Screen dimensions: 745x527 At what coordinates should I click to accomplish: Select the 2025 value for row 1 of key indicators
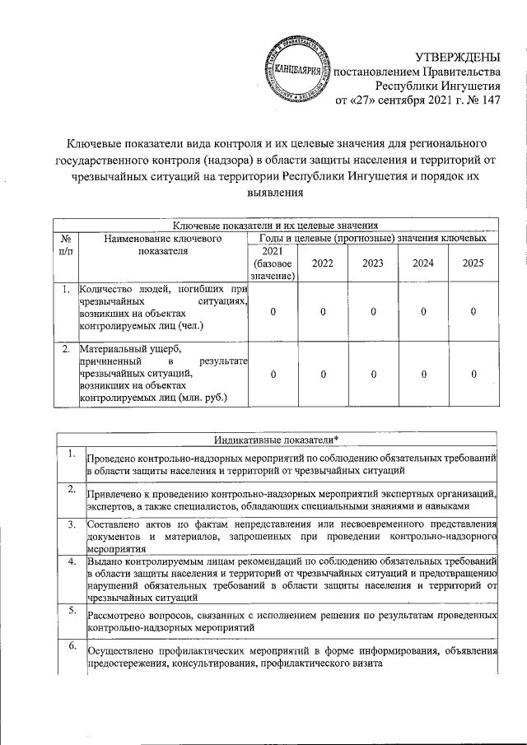point(473,311)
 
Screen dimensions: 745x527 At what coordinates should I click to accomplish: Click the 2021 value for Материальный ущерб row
point(273,374)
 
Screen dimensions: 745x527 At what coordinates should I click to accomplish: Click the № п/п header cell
point(65,244)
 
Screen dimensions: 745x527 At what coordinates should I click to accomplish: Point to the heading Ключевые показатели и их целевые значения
point(276,225)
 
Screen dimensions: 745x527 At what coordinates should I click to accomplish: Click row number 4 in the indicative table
point(72,562)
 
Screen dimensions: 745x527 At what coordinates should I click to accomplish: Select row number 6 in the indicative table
point(72,648)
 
